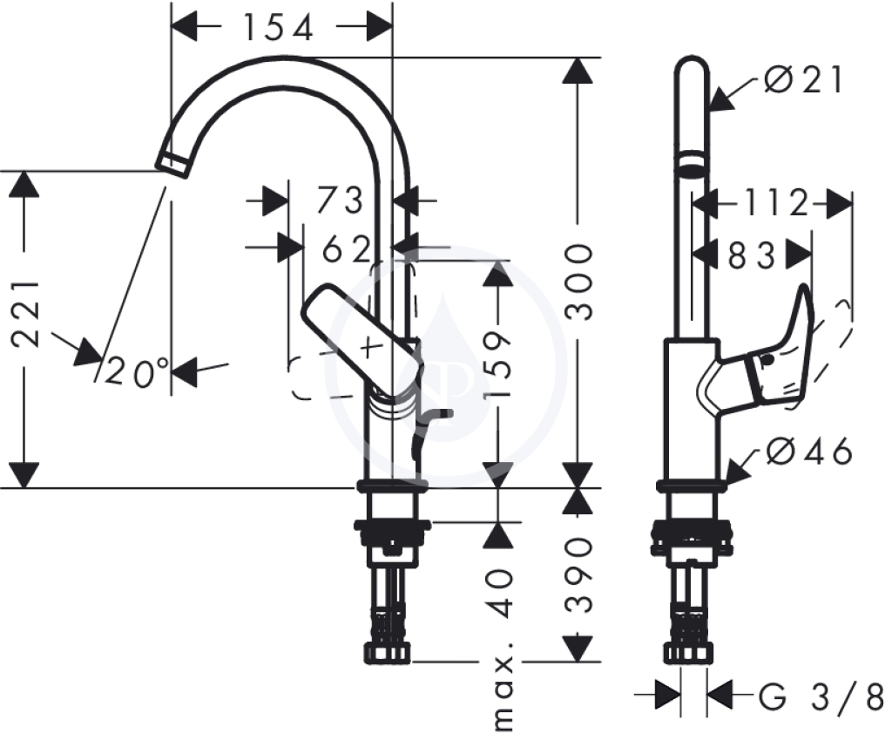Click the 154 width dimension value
(278, 27)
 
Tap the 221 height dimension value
(26, 314)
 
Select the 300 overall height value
(578, 282)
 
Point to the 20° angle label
(137, 372)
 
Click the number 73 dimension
(340, 200)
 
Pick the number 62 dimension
(347, 248)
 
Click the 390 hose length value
(578, 574)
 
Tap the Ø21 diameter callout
(802, 79)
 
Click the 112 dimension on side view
(776, 202)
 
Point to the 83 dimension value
(752, 255)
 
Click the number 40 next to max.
(498, 593)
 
